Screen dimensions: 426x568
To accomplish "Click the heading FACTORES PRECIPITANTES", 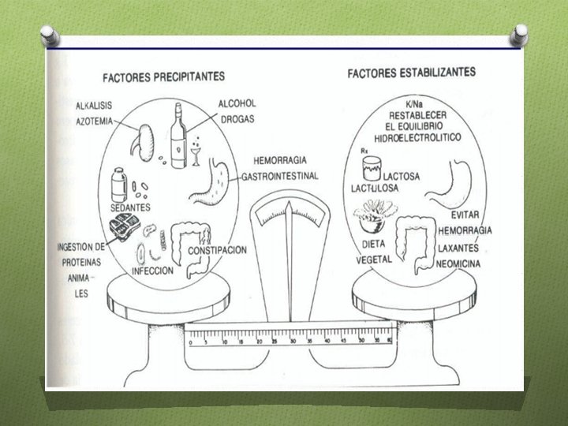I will coord(163,77).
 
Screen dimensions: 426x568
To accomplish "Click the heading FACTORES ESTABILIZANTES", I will coord(411,73).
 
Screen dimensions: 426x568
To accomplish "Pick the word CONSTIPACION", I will coord(217,250).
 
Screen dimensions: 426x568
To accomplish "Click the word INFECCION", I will coord(152,269).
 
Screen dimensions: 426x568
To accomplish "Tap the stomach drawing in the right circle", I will coord(454,180).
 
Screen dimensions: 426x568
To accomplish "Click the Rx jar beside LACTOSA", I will coord(369,168).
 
